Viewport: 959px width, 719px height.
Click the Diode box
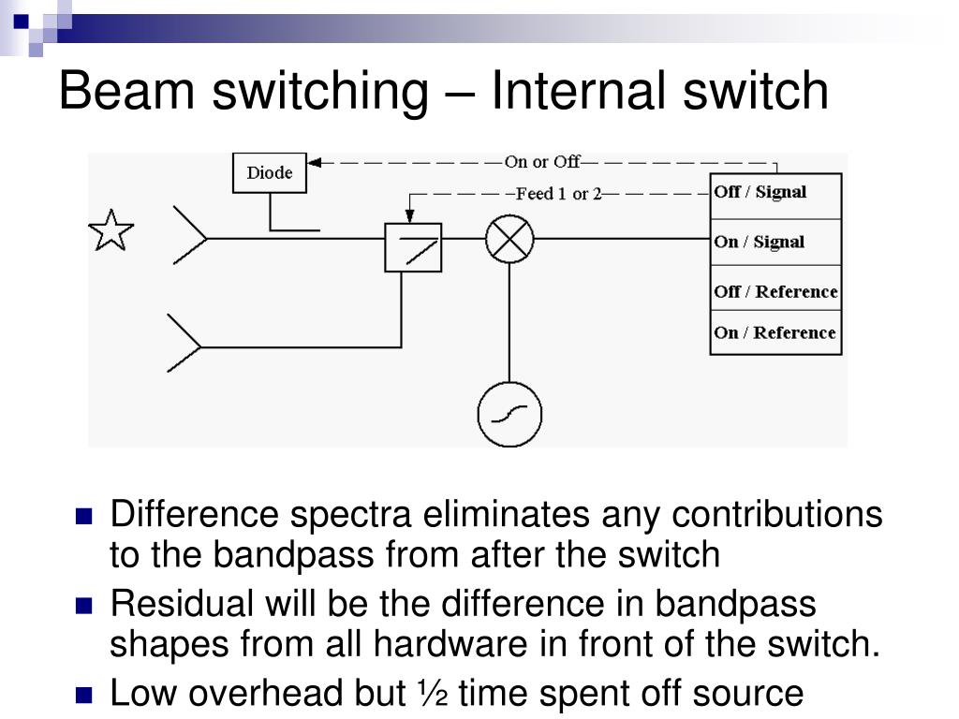[269, 173]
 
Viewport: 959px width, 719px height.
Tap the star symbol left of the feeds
[111, 231]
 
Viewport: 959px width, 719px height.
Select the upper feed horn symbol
[190, 238]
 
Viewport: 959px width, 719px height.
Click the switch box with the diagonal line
[413, 247]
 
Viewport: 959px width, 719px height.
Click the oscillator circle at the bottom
[509, 414]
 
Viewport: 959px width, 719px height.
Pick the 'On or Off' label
[542, 162]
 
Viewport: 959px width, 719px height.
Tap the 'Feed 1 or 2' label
[559, 194]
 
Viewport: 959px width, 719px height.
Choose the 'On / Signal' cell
[775, 242]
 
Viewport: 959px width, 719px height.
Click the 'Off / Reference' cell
[775, 291]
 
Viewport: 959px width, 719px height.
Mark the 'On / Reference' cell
[775, 333]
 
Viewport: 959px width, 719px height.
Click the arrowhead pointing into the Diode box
[315, 162]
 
